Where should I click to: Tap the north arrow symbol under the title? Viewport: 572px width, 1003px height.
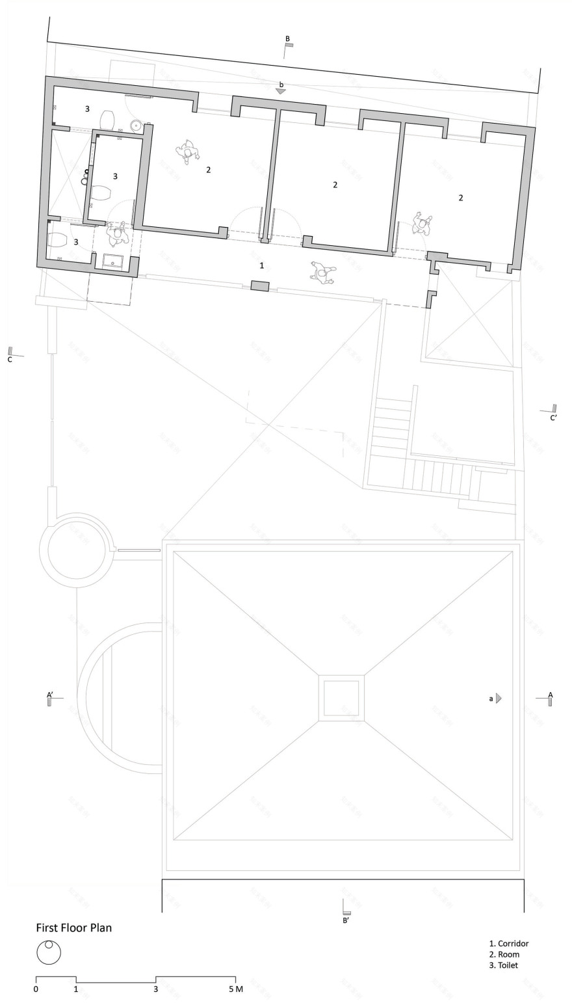(49, 953)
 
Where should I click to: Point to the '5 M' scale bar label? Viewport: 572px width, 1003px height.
(235, 989)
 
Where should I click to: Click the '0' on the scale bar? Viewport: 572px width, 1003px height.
(36, 989)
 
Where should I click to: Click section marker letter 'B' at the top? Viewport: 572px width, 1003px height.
(287, 39)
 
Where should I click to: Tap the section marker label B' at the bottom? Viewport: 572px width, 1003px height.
(346, 920)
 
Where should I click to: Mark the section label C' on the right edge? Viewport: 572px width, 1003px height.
(553, 418)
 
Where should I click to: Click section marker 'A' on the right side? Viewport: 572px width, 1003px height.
(551, 695)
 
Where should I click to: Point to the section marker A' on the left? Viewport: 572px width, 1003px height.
(49, 695)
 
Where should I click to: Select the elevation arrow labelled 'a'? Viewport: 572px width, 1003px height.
(499, 698)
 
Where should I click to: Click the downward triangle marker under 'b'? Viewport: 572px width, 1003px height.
(281, 92)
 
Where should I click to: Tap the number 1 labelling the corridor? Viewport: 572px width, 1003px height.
(262, 265)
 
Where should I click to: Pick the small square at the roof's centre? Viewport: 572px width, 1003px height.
(341, 698)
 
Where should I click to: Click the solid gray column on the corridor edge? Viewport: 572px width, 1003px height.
(259, 286)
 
